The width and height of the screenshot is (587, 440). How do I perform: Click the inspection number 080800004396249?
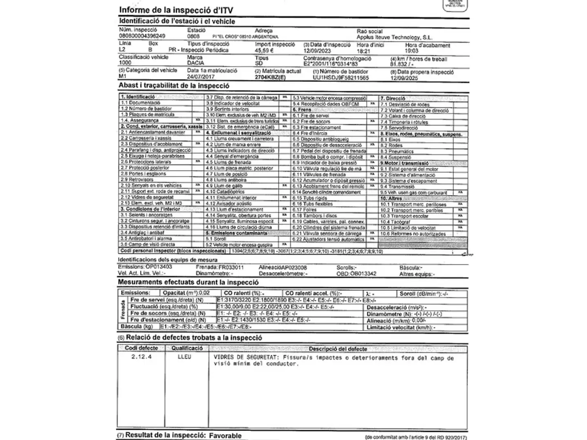pos(142,36)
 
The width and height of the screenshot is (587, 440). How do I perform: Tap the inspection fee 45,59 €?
pos(264,51)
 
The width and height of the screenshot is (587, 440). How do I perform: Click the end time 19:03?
pos(411,51)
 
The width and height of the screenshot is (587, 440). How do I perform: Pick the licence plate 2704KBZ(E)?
pos(270,77)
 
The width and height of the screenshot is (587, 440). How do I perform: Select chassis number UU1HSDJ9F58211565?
pos(340,77)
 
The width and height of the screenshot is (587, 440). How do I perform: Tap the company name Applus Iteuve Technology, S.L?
pos(394,37)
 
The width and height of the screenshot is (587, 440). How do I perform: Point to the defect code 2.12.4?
pos(141,356)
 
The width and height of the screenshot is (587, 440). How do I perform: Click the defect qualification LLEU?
pos(184,356)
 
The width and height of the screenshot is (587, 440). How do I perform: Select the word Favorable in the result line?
pos(225,436)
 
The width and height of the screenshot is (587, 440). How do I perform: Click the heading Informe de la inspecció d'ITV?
pos(176,10)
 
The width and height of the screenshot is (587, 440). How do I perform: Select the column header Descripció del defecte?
pos(338,349)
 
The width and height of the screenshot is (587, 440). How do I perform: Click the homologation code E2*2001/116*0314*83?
pos(330,64)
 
